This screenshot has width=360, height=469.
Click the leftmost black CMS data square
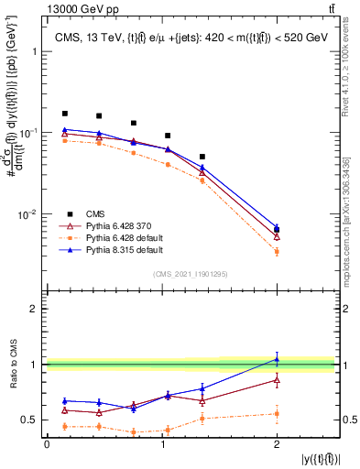coord(64,114)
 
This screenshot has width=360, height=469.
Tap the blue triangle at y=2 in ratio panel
coord(277,358)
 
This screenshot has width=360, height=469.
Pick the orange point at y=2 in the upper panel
coord(277,251)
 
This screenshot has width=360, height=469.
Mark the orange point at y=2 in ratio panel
coord(277,413)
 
